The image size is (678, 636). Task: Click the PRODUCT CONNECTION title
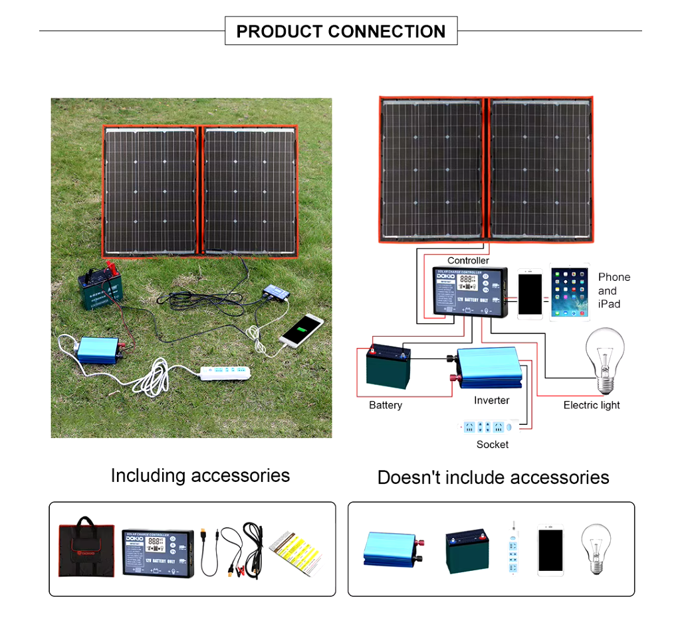[341, 31]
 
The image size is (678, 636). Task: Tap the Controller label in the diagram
[468, 260]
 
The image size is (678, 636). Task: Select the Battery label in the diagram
[386, 405]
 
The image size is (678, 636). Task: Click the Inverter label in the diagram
[491, 400]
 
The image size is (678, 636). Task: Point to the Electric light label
[592, 405]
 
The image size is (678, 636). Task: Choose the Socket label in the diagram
[493, 444]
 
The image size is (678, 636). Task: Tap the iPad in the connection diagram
[570, 294]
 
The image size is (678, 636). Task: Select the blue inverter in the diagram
[487, 367]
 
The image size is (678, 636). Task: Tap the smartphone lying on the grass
[301, 329]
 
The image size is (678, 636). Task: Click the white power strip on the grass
[227, 372]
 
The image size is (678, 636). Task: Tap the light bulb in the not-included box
[595, 548]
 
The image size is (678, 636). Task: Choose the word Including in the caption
[148, 475]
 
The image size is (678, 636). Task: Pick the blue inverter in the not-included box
[388, 548]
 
